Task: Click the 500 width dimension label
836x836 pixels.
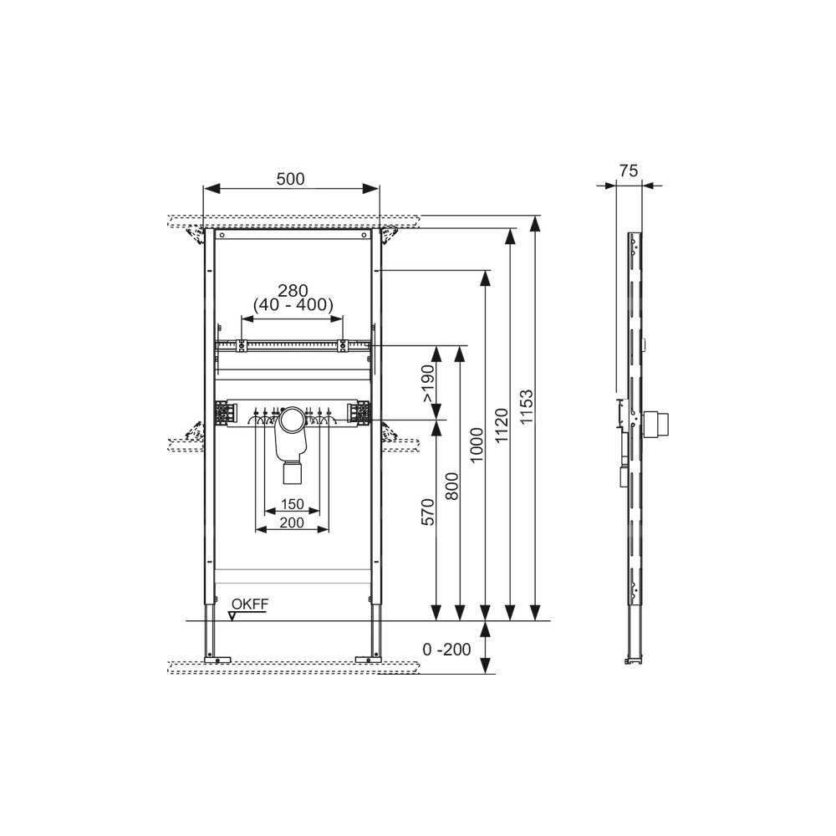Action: [291, 179]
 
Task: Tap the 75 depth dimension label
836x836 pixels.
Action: [629, 171]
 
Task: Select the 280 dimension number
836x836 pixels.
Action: [293, 291]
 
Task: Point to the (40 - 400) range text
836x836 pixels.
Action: [293, 305]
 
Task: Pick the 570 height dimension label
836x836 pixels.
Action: [429, 512]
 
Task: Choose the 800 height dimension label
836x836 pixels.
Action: [451, 486]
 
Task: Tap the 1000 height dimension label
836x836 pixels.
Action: [477, 446]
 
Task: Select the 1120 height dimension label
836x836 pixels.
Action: [502, 426]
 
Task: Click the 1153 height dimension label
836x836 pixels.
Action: [527, 407]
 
